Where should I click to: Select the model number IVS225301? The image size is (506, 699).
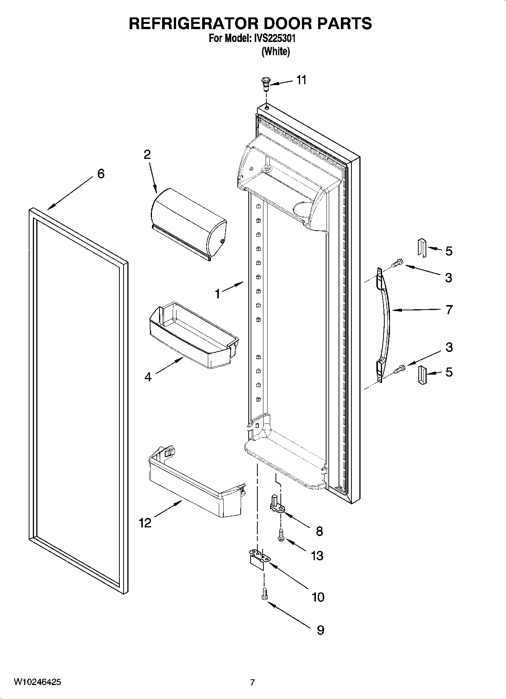(273, 39)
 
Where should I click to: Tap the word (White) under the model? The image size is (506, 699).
(275, 52)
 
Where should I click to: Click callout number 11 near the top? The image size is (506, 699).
(301, 80)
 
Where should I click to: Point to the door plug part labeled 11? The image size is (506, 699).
(265, 84)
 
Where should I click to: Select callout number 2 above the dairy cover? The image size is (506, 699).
(147, 154)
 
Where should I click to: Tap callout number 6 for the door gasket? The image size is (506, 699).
(101, 174)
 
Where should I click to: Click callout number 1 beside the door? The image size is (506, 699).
(218, 294)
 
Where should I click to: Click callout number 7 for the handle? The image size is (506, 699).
(449, 310)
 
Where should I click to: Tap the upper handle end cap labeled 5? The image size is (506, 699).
(422, 248)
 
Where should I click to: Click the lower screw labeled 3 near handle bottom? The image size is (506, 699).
(399, 368)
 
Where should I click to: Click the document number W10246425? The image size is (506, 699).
(37, 682)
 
